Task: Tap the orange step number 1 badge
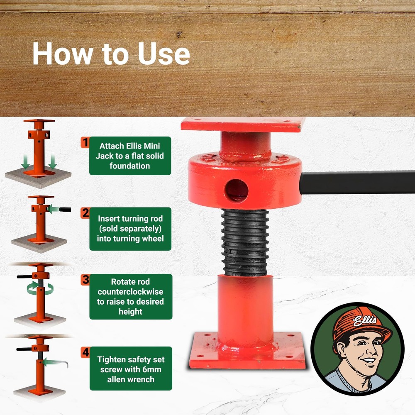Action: [85, 143]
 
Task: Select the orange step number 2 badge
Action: [85, 213]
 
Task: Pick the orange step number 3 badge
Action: [85, 280]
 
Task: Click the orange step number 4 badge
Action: [85, 353]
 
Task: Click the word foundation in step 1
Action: [130, 166]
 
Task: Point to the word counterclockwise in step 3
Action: [131, 292]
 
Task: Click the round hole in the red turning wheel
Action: [237, 190]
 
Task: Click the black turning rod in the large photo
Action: [357, 183]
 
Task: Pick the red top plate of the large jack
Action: [243, 124]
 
